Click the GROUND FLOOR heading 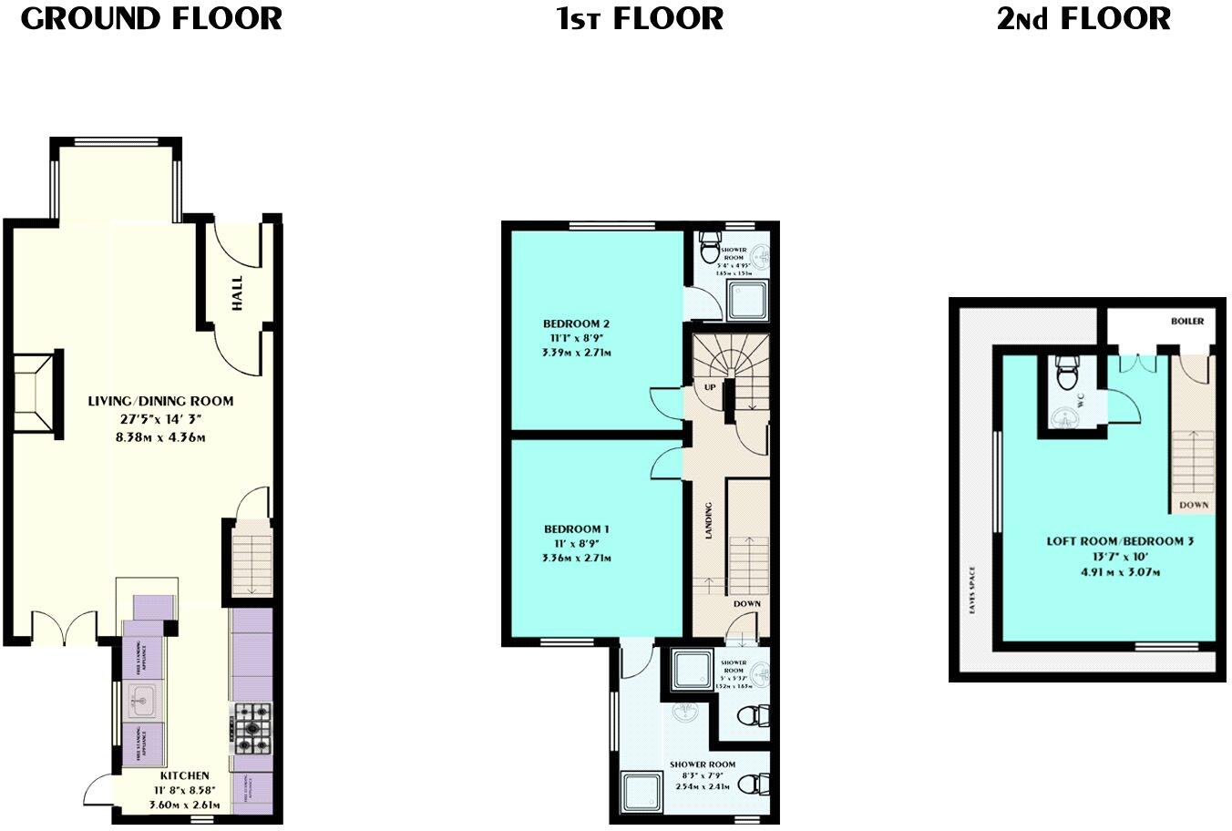[151, 18]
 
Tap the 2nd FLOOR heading [1083, 18]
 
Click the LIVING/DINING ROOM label [160, 401]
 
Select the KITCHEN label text [179, 776]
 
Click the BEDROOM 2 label [576, 323]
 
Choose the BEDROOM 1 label [576, 528]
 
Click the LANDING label [708, 520]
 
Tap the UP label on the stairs [710, 387]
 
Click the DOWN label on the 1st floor [747, 603]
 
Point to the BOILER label [1188, 322]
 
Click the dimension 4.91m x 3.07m [1120, 572]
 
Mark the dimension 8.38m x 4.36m [160, 437]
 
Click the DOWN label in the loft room [1194, 505]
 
